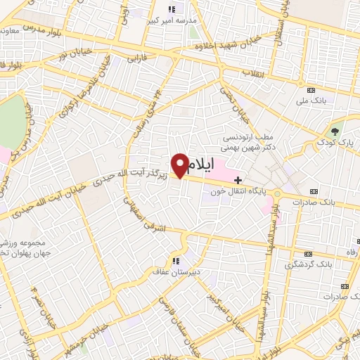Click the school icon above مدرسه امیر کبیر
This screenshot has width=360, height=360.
click(x=172, y=9)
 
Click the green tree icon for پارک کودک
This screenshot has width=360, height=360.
click(x=335, y=130)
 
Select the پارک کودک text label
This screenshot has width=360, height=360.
click(x=335, y=143)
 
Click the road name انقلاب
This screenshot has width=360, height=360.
click(x=250, y=73)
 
